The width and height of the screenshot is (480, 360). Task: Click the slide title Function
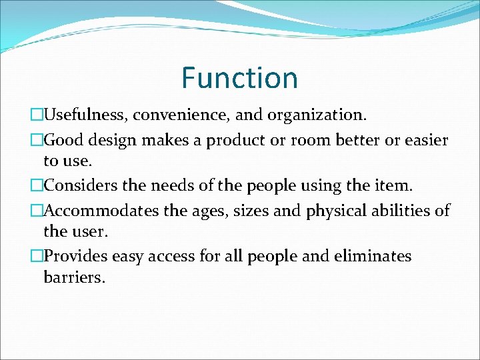(239, 78)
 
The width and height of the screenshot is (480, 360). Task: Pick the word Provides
(75, 257)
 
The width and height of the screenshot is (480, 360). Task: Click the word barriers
(74, 277)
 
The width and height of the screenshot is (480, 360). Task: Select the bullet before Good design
(37, 141)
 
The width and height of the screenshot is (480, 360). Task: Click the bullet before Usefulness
(37, 115)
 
